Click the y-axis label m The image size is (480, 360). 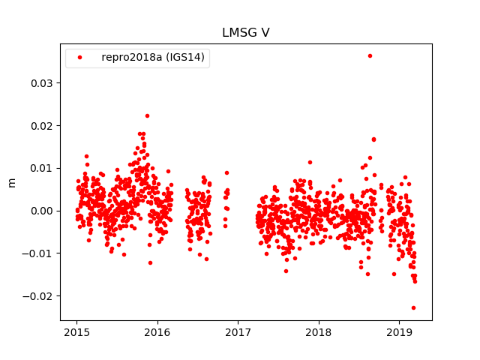[11, 182]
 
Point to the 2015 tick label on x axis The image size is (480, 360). [76, 331]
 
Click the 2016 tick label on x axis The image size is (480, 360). [157, 331]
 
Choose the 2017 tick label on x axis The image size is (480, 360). [238, 331]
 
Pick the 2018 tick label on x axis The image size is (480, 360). [319, 331]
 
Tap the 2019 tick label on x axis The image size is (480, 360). [399, 331]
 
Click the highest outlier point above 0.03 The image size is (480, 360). [370, 55]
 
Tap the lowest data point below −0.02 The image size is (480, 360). [413, 307]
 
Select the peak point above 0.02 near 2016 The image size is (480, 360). [147, 115]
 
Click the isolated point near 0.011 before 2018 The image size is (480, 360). [310, 162]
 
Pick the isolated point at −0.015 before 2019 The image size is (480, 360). [394, 274]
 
